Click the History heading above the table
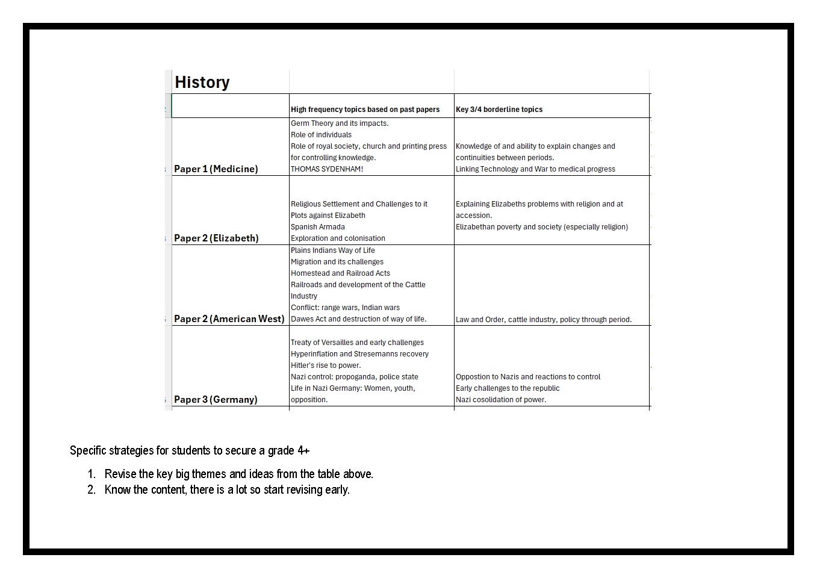pos(202,82)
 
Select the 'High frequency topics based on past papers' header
pos(365,110)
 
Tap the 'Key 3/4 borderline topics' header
pos(499,110)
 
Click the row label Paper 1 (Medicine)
pos(216,169)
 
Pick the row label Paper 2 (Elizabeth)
pos(216,238)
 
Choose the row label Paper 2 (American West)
pos(229,319)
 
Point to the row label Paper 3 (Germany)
pos(216,400)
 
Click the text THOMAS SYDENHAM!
pos(327,169)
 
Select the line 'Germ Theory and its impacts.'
pos(340,123)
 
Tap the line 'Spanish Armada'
pos(318,227)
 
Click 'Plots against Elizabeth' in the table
pos(328,216)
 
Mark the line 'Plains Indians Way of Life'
pos(333,250)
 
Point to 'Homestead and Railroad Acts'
pos(340,273)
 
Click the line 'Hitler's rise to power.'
pos(326,365)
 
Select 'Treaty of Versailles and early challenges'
pos(357,343)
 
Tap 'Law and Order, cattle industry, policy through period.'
pos(544,320)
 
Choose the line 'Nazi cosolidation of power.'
pos(501,400)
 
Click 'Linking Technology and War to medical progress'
pos(535,169)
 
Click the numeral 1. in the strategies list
pos(91,474)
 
